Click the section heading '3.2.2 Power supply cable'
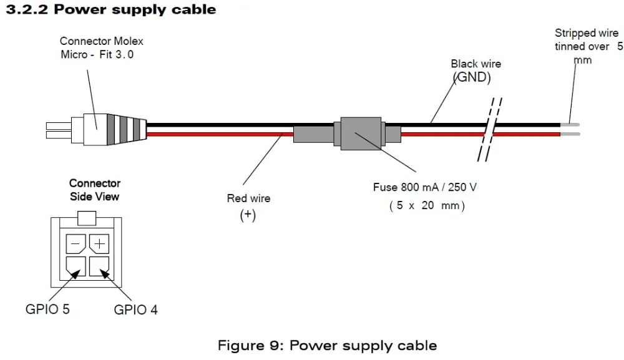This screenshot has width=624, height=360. [111, 9]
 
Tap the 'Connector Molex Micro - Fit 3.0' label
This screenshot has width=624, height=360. [101, 48]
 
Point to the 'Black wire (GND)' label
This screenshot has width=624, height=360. [475, 71]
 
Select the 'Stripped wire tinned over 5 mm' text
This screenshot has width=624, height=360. [588, 46]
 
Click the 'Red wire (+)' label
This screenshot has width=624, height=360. [248, 207]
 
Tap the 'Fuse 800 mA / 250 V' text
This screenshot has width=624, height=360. [424, 187]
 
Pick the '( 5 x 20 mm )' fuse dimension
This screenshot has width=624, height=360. [427, 206]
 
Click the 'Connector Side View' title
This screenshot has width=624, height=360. [95, 190]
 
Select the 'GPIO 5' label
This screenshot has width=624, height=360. [47, 309]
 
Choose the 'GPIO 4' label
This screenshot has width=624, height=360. [135, 309]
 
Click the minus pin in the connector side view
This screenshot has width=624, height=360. [76, 243]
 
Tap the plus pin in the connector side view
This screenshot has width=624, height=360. [99, 243]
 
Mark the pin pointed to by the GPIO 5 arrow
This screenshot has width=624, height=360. [76, 266]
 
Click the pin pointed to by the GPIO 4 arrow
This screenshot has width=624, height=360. [99, 266]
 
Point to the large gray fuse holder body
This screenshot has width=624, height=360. [361, 134]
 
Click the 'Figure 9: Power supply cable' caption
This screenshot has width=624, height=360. [327, 345]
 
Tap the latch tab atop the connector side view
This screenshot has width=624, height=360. [87, 218]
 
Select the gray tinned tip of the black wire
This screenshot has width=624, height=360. [570, 125]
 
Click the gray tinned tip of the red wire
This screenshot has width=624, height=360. [570, 134]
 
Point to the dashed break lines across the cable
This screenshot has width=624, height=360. [490, 130]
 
